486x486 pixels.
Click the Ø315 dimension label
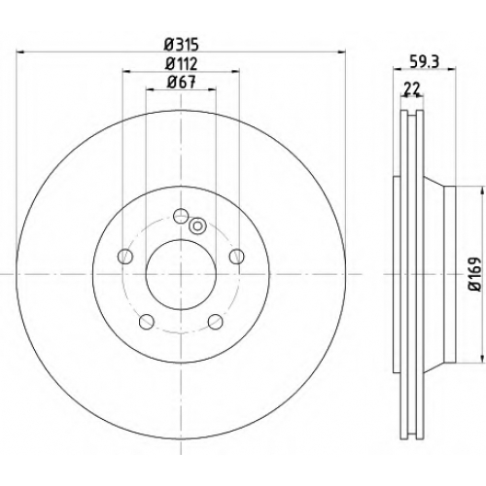[181, 45]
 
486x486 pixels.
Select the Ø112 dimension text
[181, 64]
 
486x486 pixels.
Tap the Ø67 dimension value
[182, 83]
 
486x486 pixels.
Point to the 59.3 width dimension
[424, 62]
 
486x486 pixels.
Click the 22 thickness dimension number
[412, 88]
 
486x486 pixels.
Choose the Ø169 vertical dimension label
[476, 274]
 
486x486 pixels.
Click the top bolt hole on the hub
[181, 216]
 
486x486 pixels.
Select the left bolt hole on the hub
[125, 257]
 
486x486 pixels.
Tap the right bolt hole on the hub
[237, 257]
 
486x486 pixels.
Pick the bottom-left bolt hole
[146, 322]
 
